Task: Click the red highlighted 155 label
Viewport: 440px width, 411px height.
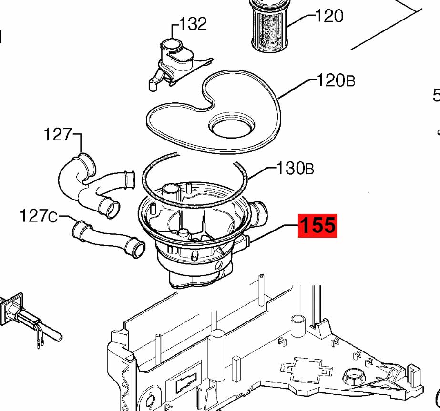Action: click(317, 225)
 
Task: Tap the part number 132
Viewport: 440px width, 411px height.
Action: click(193, 23)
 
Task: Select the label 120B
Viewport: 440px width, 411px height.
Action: click(336, 80)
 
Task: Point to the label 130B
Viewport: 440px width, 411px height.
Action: click(296, 168)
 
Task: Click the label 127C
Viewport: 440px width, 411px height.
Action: click(38, 217)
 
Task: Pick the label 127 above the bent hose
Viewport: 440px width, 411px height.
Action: click(58, 135)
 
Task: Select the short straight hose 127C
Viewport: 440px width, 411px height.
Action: click(107, 238)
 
